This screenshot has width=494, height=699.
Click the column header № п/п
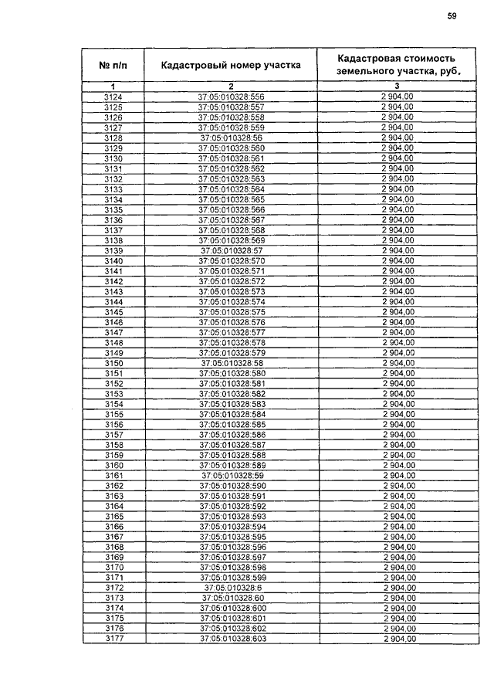113,66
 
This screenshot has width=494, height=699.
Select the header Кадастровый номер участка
231,66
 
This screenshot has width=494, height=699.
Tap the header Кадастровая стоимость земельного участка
396,65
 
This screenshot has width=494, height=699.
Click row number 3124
113,97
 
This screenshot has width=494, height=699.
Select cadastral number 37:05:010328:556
232,97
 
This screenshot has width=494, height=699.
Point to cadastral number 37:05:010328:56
232,137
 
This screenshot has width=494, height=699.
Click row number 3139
113,250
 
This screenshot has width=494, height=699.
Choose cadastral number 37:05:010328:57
232,250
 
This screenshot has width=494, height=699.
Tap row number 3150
113,363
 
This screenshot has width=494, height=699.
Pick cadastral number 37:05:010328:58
232,363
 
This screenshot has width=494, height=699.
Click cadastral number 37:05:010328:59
232,476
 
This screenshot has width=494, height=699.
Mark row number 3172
113,588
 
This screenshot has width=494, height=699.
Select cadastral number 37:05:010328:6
232,588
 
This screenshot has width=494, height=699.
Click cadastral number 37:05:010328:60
232,599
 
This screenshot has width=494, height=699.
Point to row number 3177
113,640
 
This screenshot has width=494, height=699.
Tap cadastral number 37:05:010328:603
232,640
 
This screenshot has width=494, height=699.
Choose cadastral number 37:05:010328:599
232,578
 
